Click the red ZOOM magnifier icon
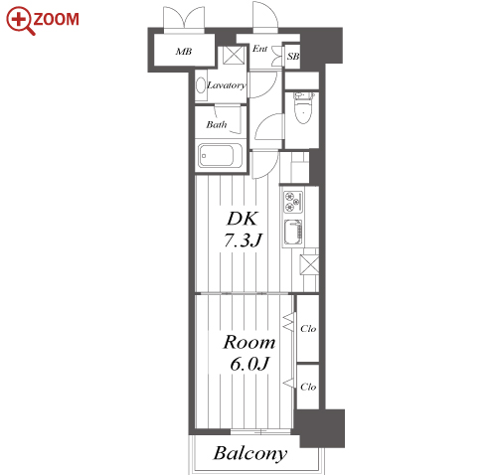click(20, 21)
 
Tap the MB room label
click(184, 52)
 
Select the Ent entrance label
click(259, 49)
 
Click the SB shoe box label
click(293, 57)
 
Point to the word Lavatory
click(227, 85)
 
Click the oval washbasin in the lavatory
click(201, 85)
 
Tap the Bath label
click(217, 124)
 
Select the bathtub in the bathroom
click(221, 155)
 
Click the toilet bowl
click(303, 110)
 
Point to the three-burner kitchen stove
click(293, 202)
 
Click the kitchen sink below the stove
click(293, 232)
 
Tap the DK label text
click(243, 219)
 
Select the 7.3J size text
click(243, 239)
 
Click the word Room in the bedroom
click(249, 342)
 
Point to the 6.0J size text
click(249, 364)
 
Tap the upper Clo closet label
click(308, 329)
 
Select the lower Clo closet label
click(308, 387)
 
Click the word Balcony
click(250, 453)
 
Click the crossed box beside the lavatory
click(234, 55)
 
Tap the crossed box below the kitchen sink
click(309, 264)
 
